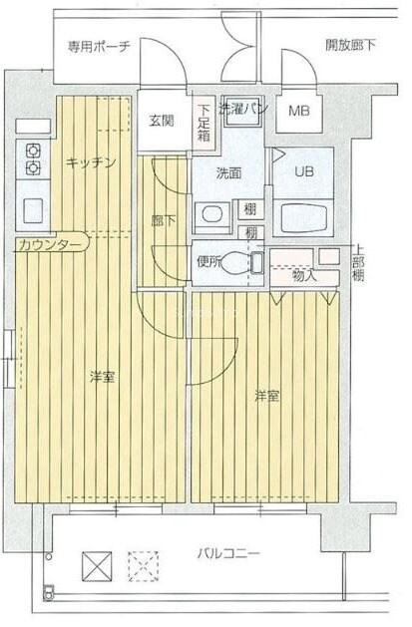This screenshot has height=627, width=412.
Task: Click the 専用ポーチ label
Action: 99,46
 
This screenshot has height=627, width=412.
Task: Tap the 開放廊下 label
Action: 350,45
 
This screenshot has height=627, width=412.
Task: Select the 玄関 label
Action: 162,121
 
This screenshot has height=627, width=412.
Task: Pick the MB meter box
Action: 299,111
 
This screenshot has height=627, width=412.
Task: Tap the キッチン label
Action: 92,161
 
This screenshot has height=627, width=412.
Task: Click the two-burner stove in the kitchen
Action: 31,159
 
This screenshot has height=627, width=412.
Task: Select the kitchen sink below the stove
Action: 31,210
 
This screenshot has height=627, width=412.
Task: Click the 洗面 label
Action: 228,172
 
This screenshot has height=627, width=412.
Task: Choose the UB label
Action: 303,171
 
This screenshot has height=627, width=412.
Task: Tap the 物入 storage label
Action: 304,274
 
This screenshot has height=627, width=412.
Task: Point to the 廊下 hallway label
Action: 163,221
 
